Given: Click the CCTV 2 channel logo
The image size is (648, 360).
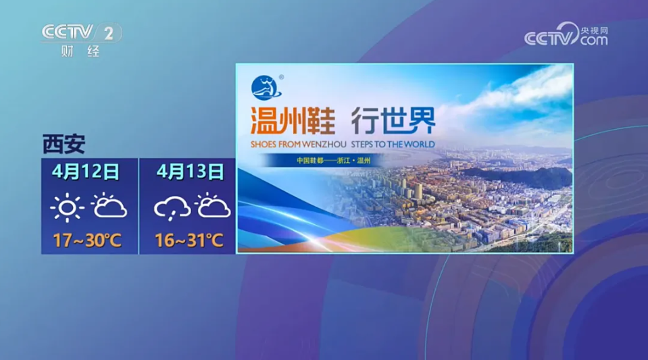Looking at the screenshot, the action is (81, 32).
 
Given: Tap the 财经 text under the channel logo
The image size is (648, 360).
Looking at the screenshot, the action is (80, 51).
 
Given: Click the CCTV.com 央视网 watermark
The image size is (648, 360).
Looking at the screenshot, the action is (566, 34).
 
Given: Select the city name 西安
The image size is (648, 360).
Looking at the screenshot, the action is (64, 144).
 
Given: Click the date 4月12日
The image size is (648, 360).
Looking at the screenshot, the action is (86, 172).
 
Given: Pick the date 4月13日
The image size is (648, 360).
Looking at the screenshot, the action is (190, 172).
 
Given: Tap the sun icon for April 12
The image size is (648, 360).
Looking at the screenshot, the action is (68, 207).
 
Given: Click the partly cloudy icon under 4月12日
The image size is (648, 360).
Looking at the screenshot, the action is (109, 205).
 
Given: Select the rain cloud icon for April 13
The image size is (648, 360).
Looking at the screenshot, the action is (172, 208).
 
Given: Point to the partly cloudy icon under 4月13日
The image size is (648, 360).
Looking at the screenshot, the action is (212, 205).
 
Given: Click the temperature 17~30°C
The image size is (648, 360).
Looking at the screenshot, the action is (87, 240).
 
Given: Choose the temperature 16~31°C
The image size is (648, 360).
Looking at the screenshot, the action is (189, 240).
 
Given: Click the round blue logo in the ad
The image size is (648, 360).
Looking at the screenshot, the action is (266, 88).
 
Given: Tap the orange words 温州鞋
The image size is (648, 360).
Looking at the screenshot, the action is (293, 121).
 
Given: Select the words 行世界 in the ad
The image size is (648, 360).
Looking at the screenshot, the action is (393, 120).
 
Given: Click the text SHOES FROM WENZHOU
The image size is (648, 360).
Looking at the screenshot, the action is (299, 145).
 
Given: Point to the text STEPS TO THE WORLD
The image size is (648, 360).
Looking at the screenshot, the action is (393, 145).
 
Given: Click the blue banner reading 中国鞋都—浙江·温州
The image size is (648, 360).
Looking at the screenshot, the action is (322, 160).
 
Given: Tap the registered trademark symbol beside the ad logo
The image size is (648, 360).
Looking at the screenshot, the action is (282, 77).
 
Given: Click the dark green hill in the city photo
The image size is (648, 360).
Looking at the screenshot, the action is (517, 177).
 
